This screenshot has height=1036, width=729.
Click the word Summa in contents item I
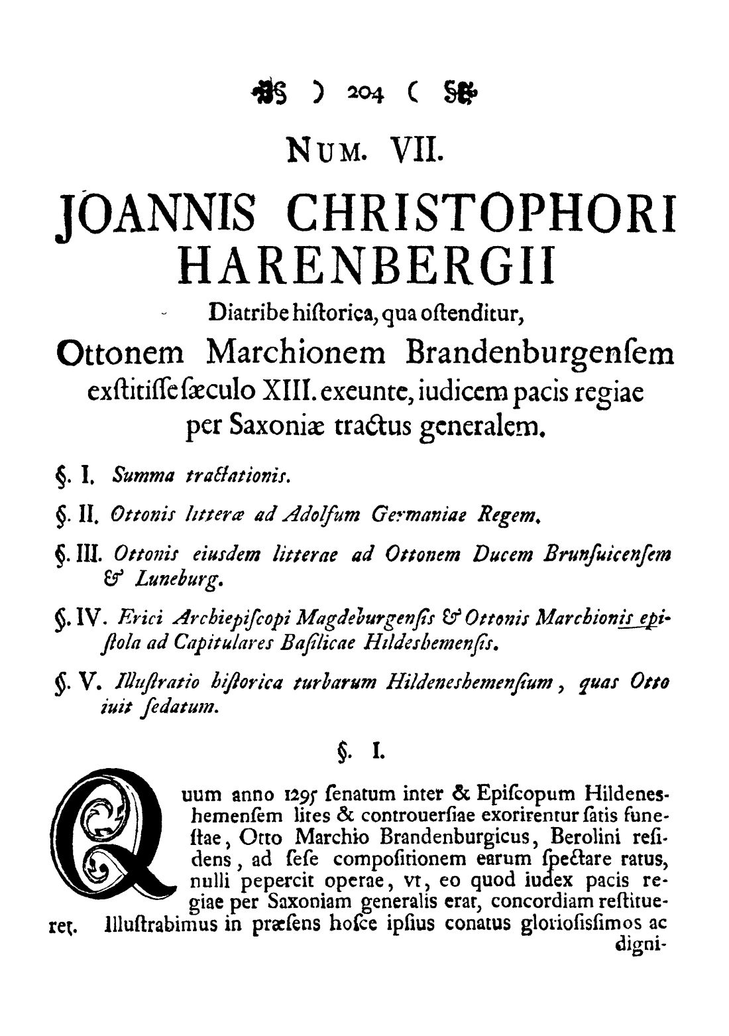point(135,475)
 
